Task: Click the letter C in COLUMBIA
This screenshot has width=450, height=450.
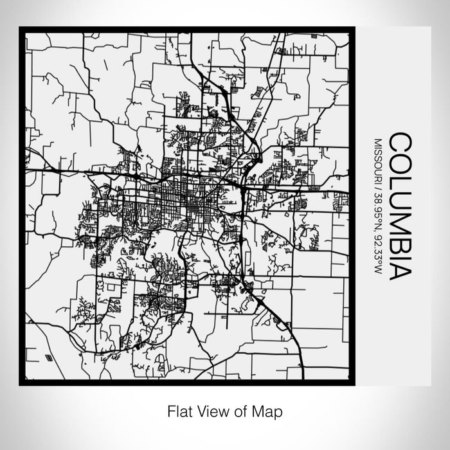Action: coord(401,143)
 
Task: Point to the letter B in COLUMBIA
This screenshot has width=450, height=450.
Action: coord(401,234)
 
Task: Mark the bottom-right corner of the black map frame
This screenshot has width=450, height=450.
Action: coord(354,384)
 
